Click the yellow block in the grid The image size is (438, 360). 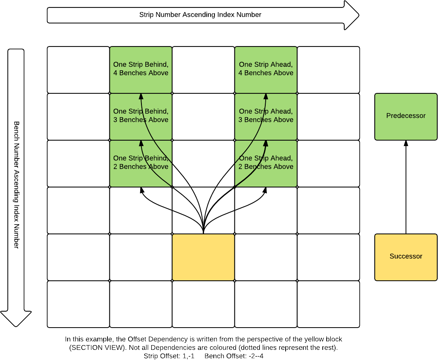click(x=203, y=257)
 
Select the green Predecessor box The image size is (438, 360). click(x=406, y=116)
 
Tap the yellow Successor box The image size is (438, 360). click(x=406, y=257)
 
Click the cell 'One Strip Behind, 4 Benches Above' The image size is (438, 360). click(x=141, y=69)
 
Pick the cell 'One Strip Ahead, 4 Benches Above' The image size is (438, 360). click(x=266, y=69)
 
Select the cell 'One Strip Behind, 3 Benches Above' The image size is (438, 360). click(x=141, y=116)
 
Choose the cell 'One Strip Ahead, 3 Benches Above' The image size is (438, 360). click(x=266, y=116)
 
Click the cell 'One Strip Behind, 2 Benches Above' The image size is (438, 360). click(x=141, y=163)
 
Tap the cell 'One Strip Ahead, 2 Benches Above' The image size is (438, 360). click(x=266, y=163)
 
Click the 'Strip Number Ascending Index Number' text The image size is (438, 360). click(x=200, y=15)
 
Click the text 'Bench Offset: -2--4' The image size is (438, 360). click(x=237, y=356)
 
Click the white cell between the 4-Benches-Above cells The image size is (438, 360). click(x=203, y=70)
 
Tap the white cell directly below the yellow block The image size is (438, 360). click(x=203, y=304)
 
